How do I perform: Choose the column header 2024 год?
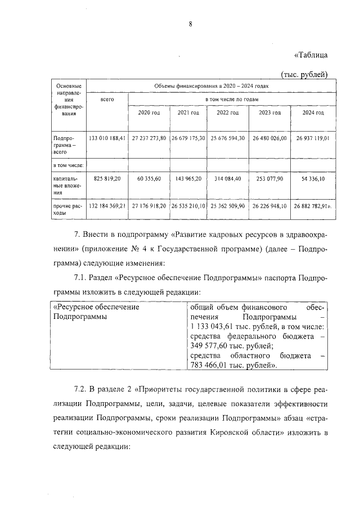coord(313,112)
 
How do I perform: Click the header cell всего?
coord(107,99)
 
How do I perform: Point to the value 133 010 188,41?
coord(107,138)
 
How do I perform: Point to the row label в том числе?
coord(68,165)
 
